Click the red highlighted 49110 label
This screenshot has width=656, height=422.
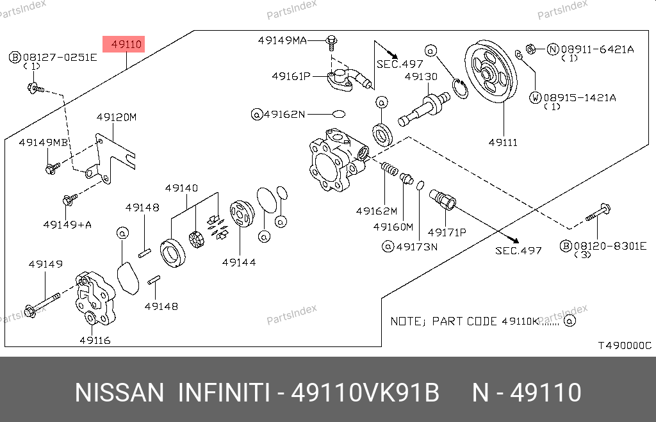(x=126, y=44)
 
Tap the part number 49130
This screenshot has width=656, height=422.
(x=421, y=77)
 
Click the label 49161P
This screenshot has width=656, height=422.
(x=291, y=76)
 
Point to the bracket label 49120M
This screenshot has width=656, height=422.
(x=117, y=117)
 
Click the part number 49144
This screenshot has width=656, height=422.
(x=239, y=262)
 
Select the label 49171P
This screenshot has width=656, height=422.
(x=447, y=232)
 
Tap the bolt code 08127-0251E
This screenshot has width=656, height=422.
(x=58, y=57)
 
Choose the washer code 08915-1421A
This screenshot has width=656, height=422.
(x=580, y=98)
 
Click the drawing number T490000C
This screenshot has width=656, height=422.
(x=624, y=346)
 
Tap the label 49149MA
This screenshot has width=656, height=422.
(x=282, y=40)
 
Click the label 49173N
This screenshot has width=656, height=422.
(x=416, y=247)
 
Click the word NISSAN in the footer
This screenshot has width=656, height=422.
(x=119, y=392)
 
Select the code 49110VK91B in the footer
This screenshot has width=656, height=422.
(x=365, y=392)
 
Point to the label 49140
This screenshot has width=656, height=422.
(x=181, y=188)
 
